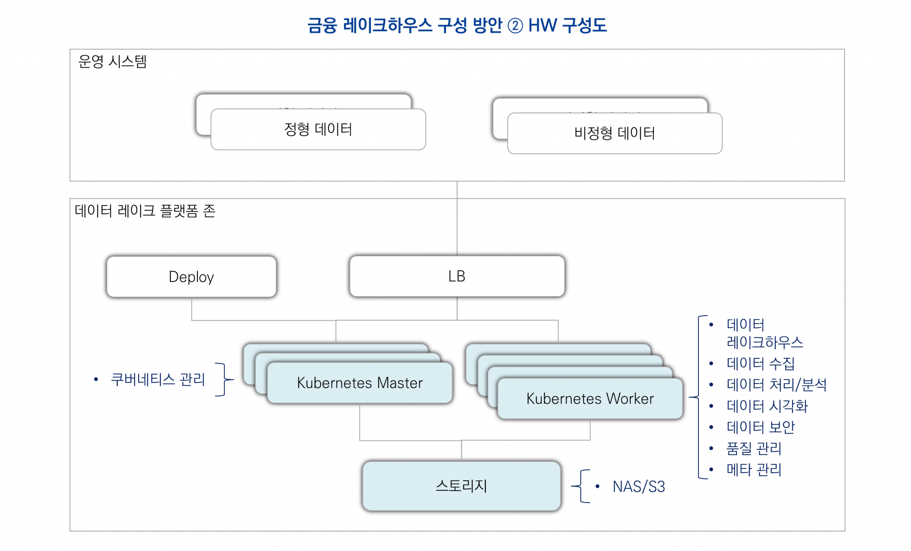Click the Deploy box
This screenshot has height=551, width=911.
[191, 277]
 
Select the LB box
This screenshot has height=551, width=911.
[456, 276]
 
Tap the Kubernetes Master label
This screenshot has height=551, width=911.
[360, 383]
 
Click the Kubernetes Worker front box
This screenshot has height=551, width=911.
[590, 399]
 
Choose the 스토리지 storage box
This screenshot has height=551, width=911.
[461, 486]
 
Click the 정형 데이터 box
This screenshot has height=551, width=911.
[318, 130]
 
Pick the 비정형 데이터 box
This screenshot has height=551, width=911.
[614, 133]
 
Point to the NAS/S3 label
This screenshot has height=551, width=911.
[639, 486]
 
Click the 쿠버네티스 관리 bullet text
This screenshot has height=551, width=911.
[158, 379]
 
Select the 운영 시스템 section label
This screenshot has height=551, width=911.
[112, 62]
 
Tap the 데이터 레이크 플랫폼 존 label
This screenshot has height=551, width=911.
[145, 211]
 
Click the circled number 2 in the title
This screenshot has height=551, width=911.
[515, 26]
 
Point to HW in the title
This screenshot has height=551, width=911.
[542, 26]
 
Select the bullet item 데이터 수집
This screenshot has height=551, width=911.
[760, 364]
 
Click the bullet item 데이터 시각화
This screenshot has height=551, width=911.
[767, 406]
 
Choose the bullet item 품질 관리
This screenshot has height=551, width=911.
[753, 448]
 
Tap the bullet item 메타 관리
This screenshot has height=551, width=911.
[753, 469]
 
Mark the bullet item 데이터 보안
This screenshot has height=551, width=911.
[760, 427]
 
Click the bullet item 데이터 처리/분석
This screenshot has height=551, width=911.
[776, 384]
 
